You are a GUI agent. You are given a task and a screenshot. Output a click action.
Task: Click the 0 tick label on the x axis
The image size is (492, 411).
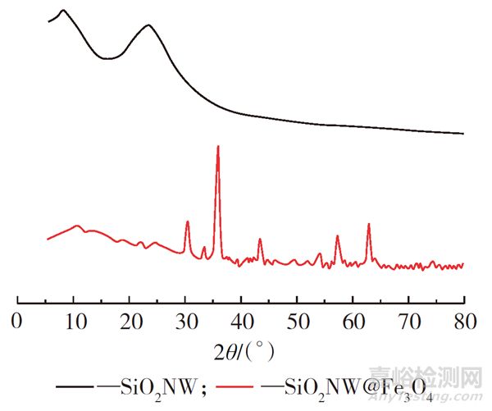[x=17, y=320]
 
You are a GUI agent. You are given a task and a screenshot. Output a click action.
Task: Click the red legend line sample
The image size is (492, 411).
[x=247, y=385]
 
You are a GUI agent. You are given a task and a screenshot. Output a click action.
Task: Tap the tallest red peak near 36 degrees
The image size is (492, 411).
[x=217, y=147]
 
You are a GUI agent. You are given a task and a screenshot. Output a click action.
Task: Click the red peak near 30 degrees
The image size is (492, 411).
[x=188, y=221]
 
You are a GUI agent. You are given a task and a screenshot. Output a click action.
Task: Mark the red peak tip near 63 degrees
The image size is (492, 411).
[x=369, y=224]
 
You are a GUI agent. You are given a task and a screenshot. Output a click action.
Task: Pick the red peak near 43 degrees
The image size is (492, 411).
[x=260, y=240]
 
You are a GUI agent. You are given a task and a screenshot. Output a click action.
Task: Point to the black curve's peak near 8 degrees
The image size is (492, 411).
[x=63, y=11]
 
